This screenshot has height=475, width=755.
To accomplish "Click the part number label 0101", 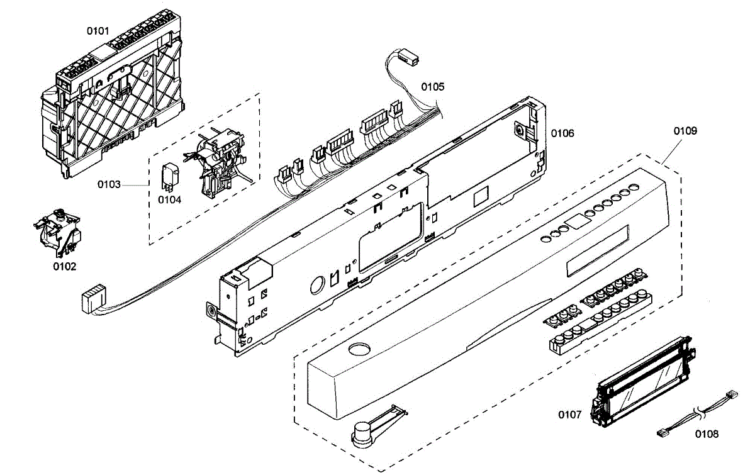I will (98, 30).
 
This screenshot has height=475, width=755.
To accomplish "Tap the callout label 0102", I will (64, 267).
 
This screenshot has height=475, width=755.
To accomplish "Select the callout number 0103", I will (109, 184).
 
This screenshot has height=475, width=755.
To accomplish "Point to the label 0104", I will (169, 200).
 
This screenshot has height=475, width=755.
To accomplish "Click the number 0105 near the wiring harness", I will (433, 87).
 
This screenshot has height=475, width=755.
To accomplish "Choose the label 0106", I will (562, 133).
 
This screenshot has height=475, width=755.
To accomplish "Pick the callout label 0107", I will (570, 415).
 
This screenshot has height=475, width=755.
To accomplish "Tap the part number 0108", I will (707, 434).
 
